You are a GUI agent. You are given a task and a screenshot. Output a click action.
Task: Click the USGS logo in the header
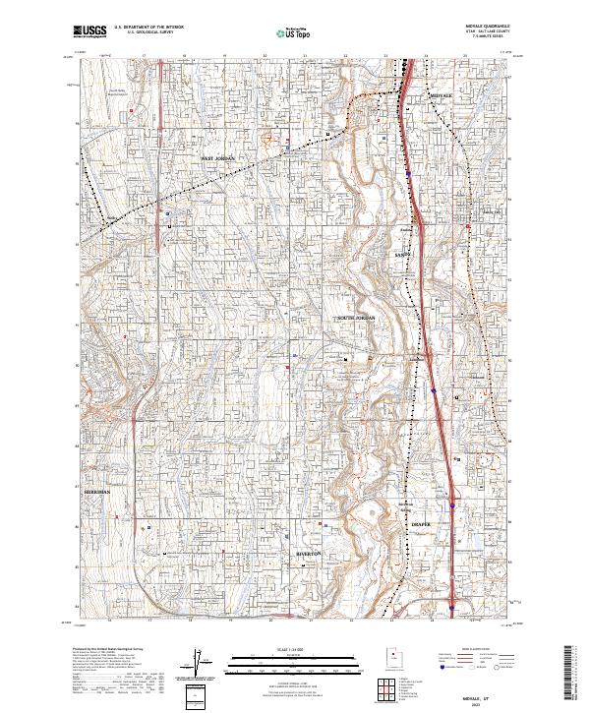(90, 31)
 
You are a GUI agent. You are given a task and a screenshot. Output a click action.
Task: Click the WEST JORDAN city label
(220, 157)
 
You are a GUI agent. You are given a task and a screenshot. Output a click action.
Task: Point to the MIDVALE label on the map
(446, 95)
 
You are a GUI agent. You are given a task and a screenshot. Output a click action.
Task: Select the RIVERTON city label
(310, 554)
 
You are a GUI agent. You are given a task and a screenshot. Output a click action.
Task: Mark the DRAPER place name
(421, 525)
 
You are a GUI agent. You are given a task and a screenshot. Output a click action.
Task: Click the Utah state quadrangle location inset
(393, 657)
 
